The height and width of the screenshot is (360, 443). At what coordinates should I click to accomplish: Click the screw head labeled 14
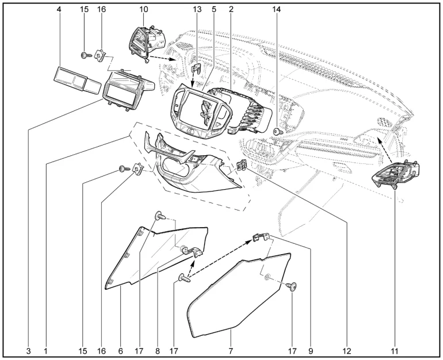pos(277,131)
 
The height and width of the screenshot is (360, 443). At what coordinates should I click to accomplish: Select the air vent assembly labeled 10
pos(147,44)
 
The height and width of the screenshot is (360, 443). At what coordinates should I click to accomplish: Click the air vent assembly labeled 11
pos(395,174)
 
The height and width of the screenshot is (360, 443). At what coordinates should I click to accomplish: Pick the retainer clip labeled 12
pos(242,166)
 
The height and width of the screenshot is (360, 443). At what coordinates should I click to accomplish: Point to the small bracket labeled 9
pos(261,237)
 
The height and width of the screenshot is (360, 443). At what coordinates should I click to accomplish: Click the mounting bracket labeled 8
pos(193,251)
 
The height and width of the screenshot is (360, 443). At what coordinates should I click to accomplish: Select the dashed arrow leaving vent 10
pos(162,58)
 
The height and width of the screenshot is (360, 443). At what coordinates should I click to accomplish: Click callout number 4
pos(59,9)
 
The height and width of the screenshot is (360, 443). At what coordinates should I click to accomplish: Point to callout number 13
pos(197,9)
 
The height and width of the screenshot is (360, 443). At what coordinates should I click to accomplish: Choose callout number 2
pos(231,9)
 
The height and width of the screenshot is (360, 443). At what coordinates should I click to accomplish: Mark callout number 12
pos(347,351)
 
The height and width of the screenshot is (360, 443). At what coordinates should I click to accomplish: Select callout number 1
pos(45,351)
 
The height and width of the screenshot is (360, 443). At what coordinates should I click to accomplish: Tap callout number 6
pos(121,351)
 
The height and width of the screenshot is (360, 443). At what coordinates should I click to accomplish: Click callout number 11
pos(395,351)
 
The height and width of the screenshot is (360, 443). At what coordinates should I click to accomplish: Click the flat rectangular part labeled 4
pos(77,80)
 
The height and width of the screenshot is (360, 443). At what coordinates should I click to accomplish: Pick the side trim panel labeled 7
pos(239,295)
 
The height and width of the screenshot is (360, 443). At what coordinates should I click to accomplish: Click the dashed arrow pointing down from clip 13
pos(193,80)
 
